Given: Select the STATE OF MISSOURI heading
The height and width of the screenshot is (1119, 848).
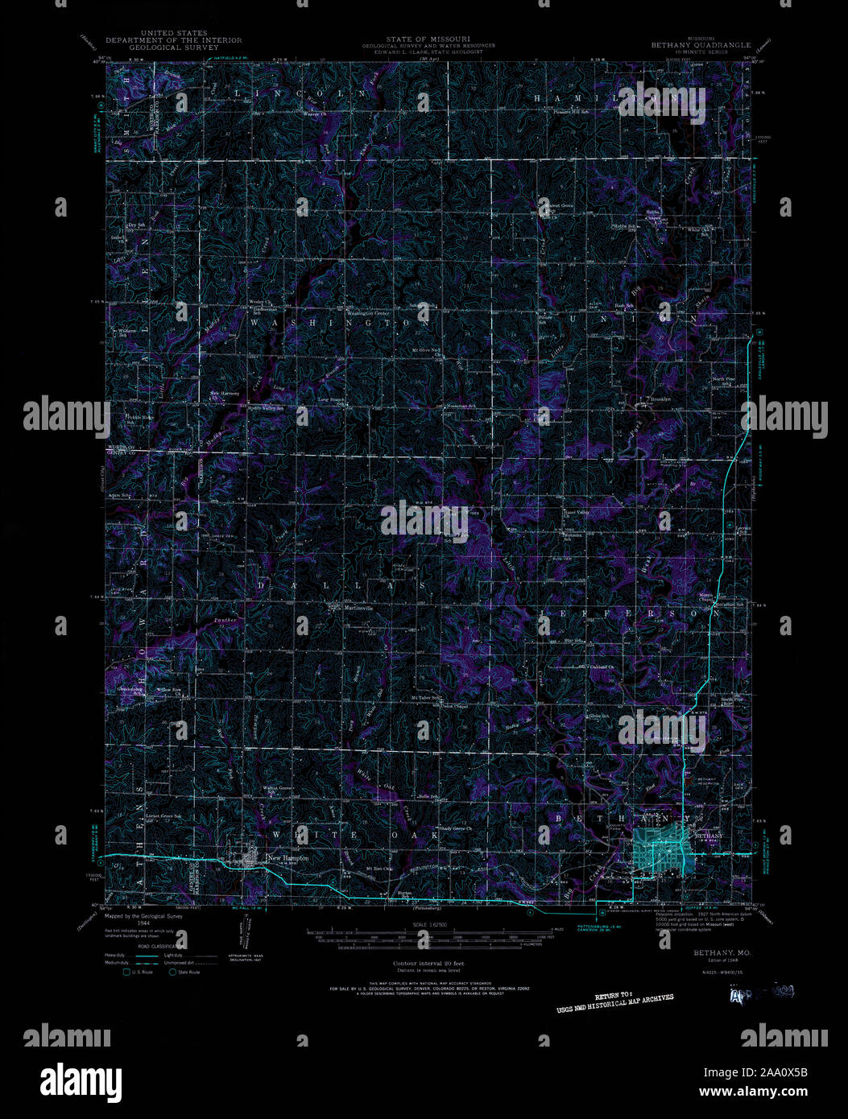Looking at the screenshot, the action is pyautogui.click(x=428, y=39).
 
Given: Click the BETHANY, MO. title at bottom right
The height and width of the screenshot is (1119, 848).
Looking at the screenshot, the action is pyautogui.click(x=709, y=952).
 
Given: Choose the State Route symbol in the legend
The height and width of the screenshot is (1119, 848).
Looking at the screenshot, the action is pyautogui.click(x=173, y=972).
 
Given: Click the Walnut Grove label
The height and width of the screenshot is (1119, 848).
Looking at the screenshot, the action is pyautogui.click(x=278, y=789).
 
